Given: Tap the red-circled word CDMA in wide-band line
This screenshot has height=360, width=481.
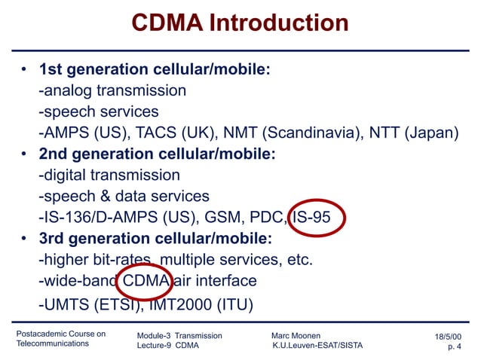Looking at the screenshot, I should (x=146, y=281).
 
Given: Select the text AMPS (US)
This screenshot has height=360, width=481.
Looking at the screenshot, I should (x=84, y=133).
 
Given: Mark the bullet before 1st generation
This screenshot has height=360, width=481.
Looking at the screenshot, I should (x=24, y=71).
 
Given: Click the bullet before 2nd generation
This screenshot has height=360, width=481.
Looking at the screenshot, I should (x=24, y=155).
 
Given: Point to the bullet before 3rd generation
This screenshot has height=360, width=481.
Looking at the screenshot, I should (x=24, y=239).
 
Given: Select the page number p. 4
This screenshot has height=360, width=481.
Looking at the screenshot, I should (x=455, y=346).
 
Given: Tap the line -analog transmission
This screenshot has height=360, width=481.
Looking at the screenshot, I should (x=112, y=91).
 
